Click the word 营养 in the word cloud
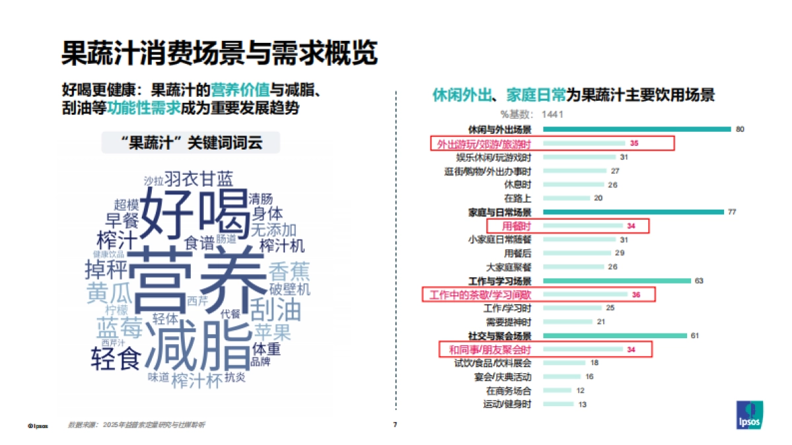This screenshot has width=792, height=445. click(194, 277)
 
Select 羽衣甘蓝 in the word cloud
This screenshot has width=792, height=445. click(198, 179)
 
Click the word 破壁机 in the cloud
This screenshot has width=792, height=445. click(289, 289)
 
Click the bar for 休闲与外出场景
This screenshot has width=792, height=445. click(634, 129)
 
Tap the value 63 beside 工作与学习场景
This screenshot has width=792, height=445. click(699, 281)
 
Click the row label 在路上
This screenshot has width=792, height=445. click(517, 198)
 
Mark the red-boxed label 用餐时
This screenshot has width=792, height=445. click(517, 226)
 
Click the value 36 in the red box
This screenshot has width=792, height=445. click(636, 295)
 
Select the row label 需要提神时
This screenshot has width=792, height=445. click(508, 322)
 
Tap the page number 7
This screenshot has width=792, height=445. click(395, 425)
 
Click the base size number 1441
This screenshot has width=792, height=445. click(552, 115)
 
